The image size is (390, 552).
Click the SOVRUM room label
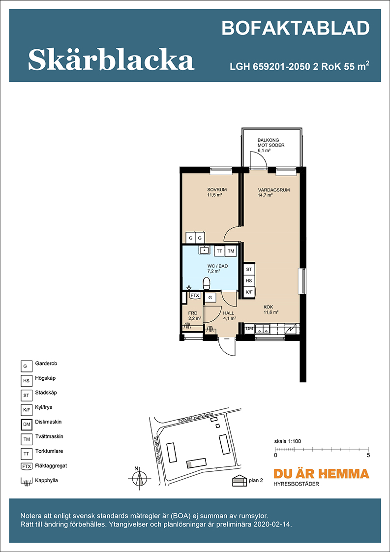click(x=217, y=190)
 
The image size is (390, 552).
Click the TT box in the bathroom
click(x=220, y=251)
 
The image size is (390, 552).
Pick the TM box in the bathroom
click(x=231, y=251)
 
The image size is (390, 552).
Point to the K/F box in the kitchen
click(x=249, y=292)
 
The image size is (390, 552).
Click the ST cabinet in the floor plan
click(x=249, y=269)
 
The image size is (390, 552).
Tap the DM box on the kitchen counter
click(x=249, y=329)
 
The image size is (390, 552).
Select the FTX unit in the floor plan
click(x=195, y=296)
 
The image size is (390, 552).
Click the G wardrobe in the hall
click(x=210, y=298)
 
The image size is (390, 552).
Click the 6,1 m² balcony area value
click(x=264, y=151)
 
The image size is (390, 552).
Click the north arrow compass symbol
click(x=140, y=478)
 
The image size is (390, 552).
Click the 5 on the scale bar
click(x=368, y=455)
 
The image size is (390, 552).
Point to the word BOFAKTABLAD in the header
click(x=296, y=28)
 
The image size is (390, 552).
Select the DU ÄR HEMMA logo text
click(x=321, y=474)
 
